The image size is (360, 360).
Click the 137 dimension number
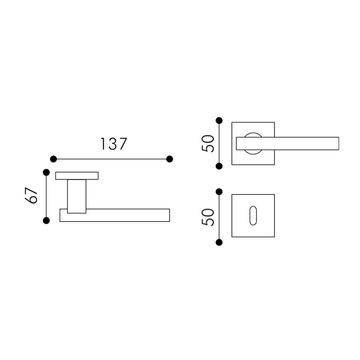coord(114,144)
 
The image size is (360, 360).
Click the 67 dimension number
coord(31,195)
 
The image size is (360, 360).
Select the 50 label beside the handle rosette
coord(207,144)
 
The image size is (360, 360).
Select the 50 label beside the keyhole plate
coord(207,217)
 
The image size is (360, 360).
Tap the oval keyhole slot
coord(253,216)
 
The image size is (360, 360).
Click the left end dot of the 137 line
coord(53,159)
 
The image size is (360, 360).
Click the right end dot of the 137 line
coord(170,159)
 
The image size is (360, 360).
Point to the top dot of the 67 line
coord(46,172)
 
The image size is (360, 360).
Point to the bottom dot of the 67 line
coord(46,220)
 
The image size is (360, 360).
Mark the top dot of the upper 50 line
coord(219,120)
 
